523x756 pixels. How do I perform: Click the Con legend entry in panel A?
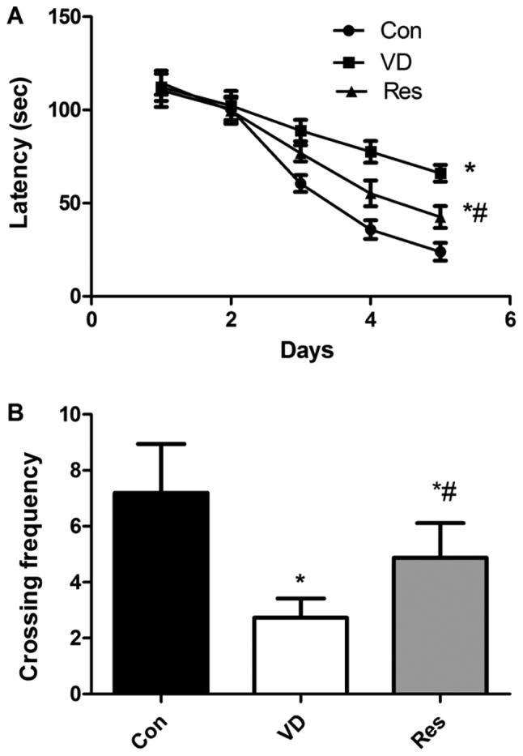[x=376, y=32]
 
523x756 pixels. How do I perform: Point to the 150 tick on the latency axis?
[x=63, y=18]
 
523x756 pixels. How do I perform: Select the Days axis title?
[x=300, y=350]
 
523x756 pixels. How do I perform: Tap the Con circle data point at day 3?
[x=300, y=184]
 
